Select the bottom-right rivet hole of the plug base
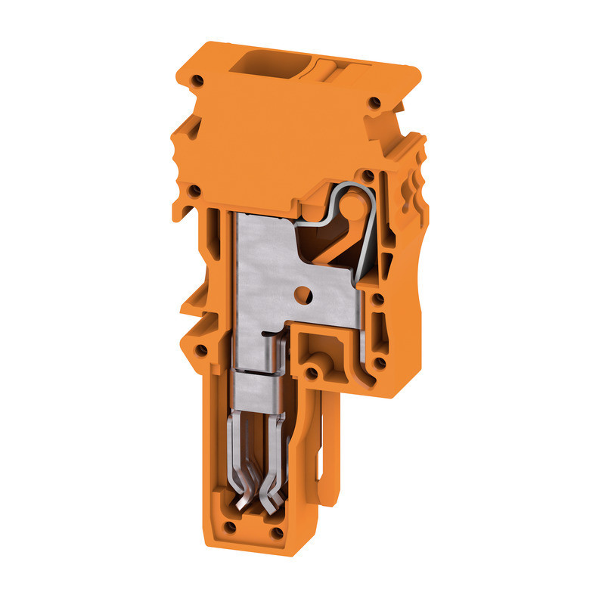(278, 533)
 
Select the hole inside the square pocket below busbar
(312, 373)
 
